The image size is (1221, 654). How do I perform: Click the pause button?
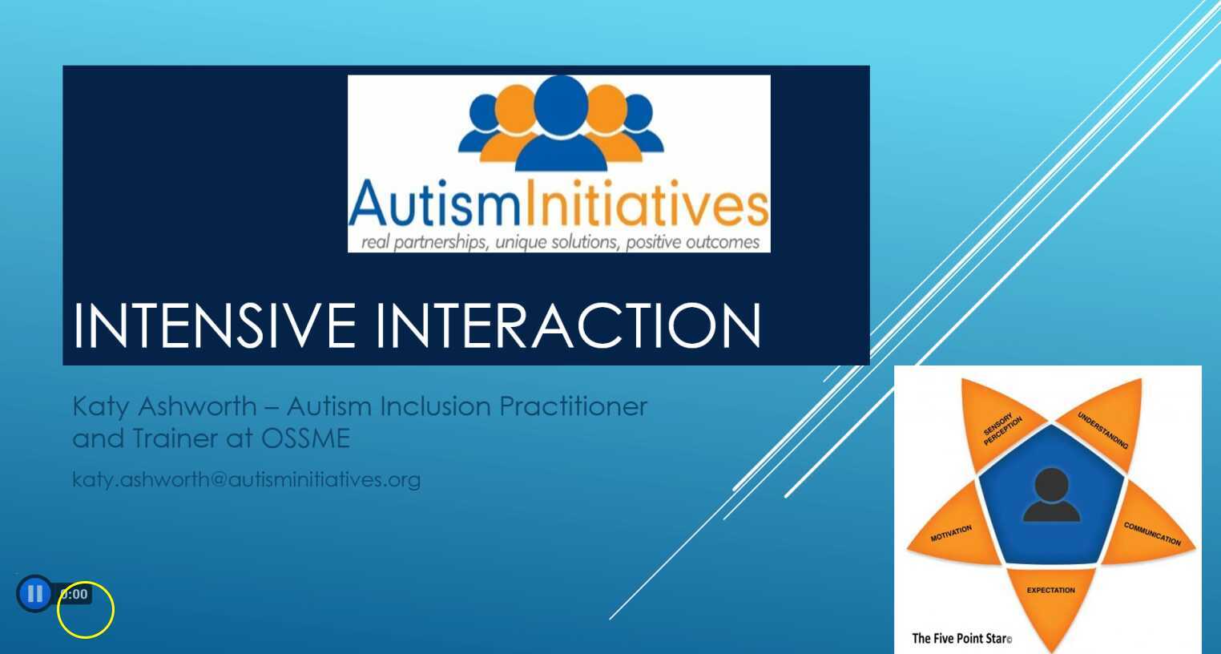point(34,594)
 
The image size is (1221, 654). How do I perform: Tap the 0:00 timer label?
point(75,595)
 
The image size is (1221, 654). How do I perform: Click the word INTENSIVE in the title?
point(214,325)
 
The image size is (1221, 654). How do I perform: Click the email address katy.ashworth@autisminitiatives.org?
point(246,479)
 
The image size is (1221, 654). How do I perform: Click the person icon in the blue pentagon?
point(1051,496)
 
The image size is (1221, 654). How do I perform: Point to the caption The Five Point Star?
point(961,639)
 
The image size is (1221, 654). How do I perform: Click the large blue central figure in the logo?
point(561,124)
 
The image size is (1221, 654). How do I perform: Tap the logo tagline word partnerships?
point(440,242)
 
